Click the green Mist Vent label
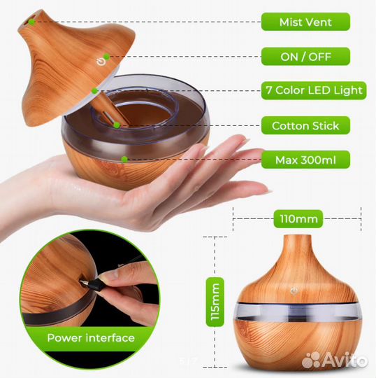[305, 22]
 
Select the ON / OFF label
[305, 57]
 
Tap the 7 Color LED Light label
[314, 90]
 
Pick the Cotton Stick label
[305, 125]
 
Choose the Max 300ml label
[305, 160]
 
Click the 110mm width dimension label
[298, 219]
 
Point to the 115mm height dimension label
[215, 302]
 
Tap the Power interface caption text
[91, 337]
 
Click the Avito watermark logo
[335, 360]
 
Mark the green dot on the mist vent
[31, 22]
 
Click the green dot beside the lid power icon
[106, 57]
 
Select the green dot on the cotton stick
[117, 125]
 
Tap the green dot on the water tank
[124, 160]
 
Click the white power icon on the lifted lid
[101, 62]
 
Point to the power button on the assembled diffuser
[294, 291]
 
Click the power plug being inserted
[92, 284]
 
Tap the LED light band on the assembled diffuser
[298, 311]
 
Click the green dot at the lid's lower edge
[94, 91]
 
